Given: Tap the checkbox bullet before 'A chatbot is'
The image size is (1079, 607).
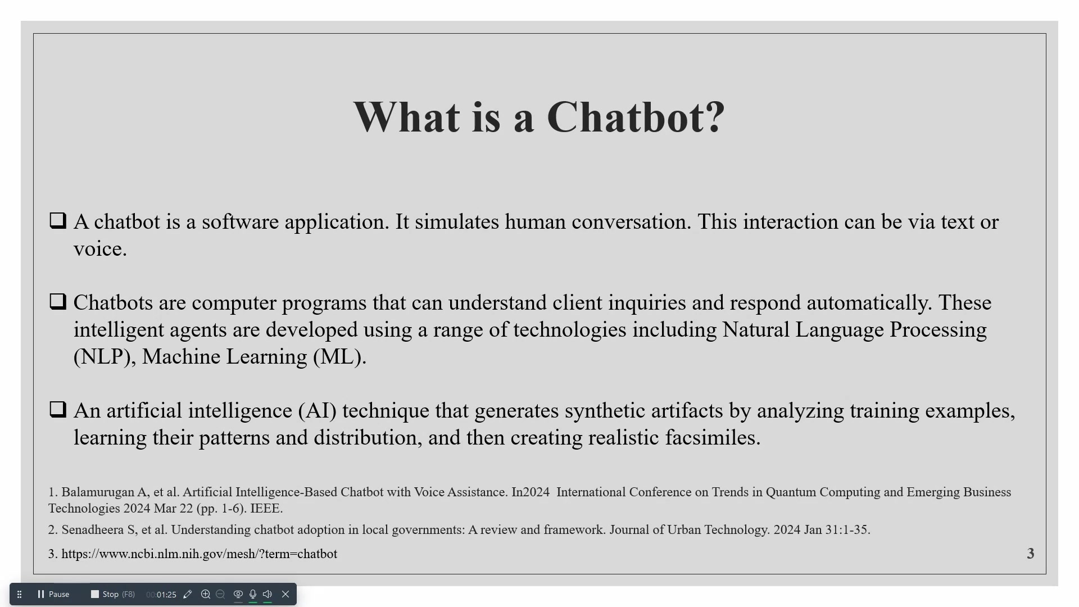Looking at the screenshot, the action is (x=58, y=220).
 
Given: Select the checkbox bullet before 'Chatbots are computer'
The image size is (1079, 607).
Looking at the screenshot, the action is (x=58, y=301).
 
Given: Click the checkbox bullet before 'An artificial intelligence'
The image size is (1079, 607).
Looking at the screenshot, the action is (x=58, y=409).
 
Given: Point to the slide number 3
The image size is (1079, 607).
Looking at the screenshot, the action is (x=1031, y=554).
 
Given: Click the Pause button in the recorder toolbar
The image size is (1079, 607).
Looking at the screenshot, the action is (x=53, y=594).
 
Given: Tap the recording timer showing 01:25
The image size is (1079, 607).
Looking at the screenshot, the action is (x=161, y=595).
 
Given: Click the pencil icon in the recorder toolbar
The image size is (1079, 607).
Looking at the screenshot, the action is (x=188, y=594).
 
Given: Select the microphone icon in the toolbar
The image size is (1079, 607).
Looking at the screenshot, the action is (x=253, y=594).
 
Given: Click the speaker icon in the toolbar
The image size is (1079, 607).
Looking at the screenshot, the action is (x=268, y=594).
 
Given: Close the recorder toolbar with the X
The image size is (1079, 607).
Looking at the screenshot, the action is (x=285, y=594).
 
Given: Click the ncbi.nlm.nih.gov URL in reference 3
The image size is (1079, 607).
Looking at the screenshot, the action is (x=200, y=554).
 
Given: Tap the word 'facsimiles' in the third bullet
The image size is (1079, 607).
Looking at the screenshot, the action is (x=713, y=437).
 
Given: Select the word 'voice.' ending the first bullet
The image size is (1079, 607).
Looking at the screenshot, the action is (x=100, y=249).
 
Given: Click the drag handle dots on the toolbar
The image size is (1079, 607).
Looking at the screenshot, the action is (x=19, y=594).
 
